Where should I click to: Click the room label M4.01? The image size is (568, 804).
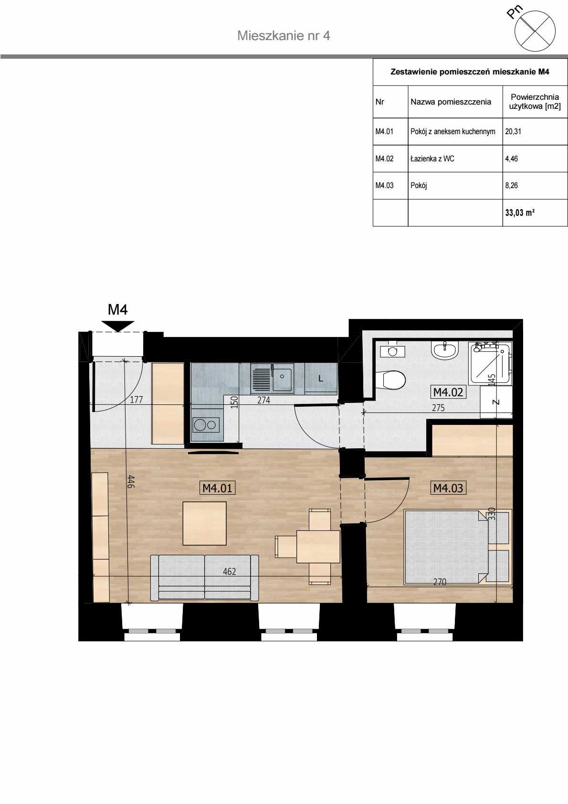point(218,488)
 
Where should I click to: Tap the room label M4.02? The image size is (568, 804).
point(448,392)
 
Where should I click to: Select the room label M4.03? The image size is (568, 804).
point(448,488)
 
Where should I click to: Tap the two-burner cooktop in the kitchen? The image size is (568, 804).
point(206,425)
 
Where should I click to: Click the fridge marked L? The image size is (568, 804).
point(321,379)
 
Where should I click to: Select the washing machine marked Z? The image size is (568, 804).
point(496,402)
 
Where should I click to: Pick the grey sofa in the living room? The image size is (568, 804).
point(204,578)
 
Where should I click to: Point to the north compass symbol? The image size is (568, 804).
point(535,31)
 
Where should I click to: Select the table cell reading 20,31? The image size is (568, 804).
point(535,131)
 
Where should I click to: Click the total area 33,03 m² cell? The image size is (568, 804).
point(535,212)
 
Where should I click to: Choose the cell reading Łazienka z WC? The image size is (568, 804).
point(455,159)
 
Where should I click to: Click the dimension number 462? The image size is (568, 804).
point(229,571)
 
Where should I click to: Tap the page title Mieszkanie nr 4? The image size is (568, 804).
point(284,36)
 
